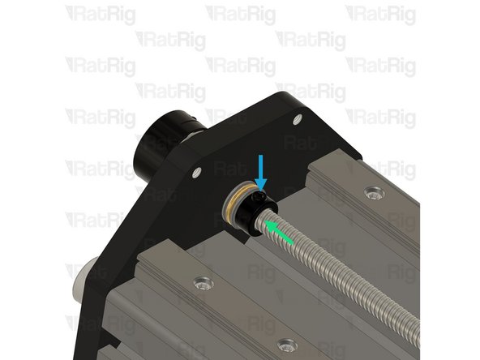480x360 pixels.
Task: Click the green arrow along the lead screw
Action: pos(278,230)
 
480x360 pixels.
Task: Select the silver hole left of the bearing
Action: pos(195,171)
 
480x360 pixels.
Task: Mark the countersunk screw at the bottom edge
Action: pos(283,345)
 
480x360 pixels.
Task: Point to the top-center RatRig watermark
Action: pos(240,15)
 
